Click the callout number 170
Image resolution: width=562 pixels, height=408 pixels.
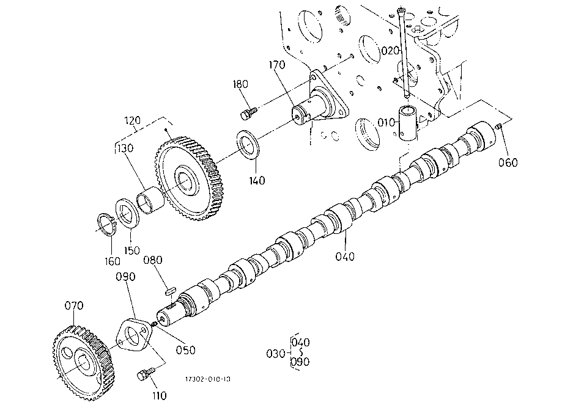click(x=277, y=65)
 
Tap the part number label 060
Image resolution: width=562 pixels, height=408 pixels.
click(x=508, y=163)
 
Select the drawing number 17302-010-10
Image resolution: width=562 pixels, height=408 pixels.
click(x=208, y=379)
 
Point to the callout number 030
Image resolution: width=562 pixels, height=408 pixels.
click(x=276, y=354)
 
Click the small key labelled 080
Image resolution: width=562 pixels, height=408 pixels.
click(x=170, y=290)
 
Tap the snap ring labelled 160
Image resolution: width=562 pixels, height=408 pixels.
click(x=107, y=224)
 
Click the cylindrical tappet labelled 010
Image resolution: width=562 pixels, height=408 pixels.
click(x=409, y=123)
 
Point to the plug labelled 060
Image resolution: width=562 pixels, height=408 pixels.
click(x=498, y=126)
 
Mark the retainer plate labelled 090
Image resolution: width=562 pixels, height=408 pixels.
click(x=133, y=335)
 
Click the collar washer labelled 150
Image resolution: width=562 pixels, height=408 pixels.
click(x=126, y=214)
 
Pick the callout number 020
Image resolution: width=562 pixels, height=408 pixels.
click(x=390, y=51)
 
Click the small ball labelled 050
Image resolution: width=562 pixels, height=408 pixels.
click(x=153, y=324)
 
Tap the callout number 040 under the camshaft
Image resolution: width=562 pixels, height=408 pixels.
click(x=344, y=257)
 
